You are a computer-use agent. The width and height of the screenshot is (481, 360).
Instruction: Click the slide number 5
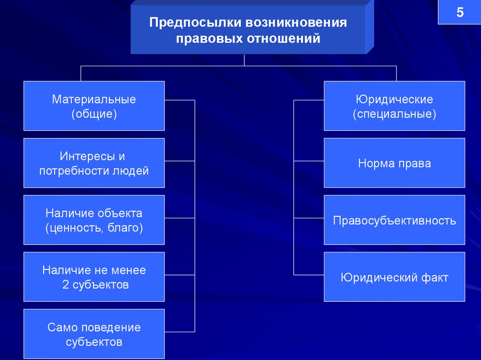click(459, 13)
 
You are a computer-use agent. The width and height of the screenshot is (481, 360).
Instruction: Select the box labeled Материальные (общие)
click(94, 106)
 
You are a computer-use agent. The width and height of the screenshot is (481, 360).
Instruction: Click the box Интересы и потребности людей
click(94, 163)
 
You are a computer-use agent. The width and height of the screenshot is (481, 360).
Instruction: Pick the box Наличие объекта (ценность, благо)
click(94, 220)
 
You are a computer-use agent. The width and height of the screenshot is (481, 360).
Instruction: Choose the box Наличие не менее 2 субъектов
click(94, 277)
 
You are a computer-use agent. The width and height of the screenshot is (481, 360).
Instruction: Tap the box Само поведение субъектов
click(94, 334)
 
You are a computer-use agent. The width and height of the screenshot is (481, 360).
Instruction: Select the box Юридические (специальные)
click(394, 106)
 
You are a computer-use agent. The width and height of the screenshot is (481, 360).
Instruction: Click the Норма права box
click(394, 163)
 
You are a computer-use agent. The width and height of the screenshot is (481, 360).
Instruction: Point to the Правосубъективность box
click(394, 220)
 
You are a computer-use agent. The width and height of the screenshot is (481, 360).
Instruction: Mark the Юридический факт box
click(394, 277)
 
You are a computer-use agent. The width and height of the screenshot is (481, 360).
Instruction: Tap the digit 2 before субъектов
click(65, 284)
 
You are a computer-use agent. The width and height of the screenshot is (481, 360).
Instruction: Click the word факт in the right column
click(434, 277)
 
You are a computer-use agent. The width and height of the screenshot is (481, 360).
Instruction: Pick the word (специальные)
click(395, 114)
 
